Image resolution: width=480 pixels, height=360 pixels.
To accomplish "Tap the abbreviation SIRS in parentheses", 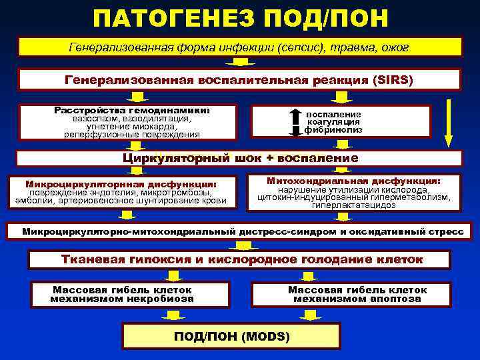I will [x=399, y=80].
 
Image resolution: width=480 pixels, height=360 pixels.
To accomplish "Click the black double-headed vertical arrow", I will [x=295, y=121].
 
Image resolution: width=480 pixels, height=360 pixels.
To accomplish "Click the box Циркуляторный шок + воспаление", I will [x=240, y=159].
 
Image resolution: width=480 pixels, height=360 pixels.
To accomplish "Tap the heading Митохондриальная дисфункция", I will [x=353, y=181].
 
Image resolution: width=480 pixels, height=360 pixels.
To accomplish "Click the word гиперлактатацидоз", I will [x=353, y=205].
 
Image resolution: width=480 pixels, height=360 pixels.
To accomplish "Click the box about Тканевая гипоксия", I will [x=240, y=259].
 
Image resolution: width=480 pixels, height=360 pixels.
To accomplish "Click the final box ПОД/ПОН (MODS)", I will [x=231, y=336].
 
